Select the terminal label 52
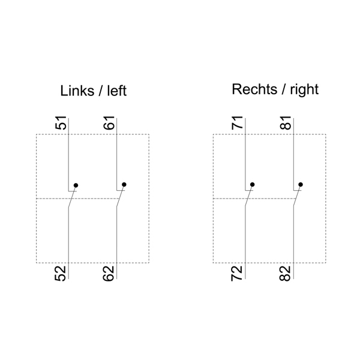[61, 274]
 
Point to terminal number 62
[109, 274]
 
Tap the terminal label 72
[238, 274]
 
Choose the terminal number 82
[286, 274]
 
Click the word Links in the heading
[77, 91]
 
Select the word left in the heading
[116, 91]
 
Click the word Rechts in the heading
[253, 90]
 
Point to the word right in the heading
[304, 90]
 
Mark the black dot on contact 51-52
[76, 185]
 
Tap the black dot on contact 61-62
[124, 185]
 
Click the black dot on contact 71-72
[253, 185]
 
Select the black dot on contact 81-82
[301, 185]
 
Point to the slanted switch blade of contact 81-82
[296, 197]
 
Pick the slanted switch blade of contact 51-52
[71, 197]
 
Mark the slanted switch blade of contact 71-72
[248, 197]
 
